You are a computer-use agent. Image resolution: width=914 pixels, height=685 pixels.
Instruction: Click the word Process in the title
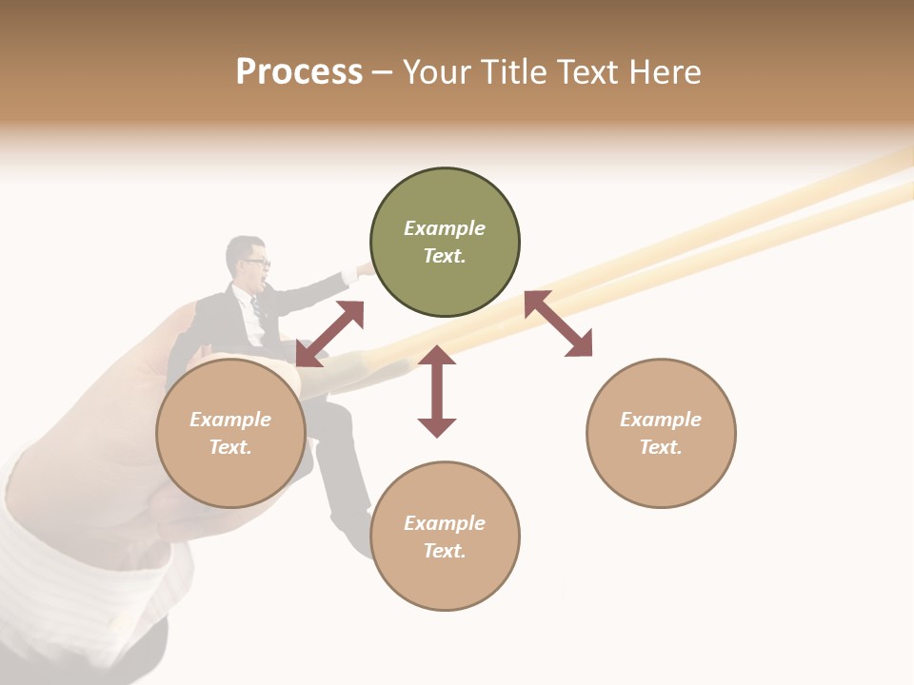(299, 72)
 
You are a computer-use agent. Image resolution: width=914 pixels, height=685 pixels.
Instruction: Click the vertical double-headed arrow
(437, 391)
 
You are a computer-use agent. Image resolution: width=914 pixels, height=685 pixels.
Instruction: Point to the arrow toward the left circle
(329, 334)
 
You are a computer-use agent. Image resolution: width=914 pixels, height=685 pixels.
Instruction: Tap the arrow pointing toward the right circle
(558, 323)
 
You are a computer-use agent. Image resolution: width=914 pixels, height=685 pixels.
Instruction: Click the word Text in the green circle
(445, 256)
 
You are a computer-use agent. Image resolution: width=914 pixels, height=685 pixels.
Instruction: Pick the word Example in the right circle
(661, 420)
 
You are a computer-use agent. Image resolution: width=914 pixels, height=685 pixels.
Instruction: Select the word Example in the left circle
(230, 420)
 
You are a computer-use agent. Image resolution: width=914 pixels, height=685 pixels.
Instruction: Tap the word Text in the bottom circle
(445, 551)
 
